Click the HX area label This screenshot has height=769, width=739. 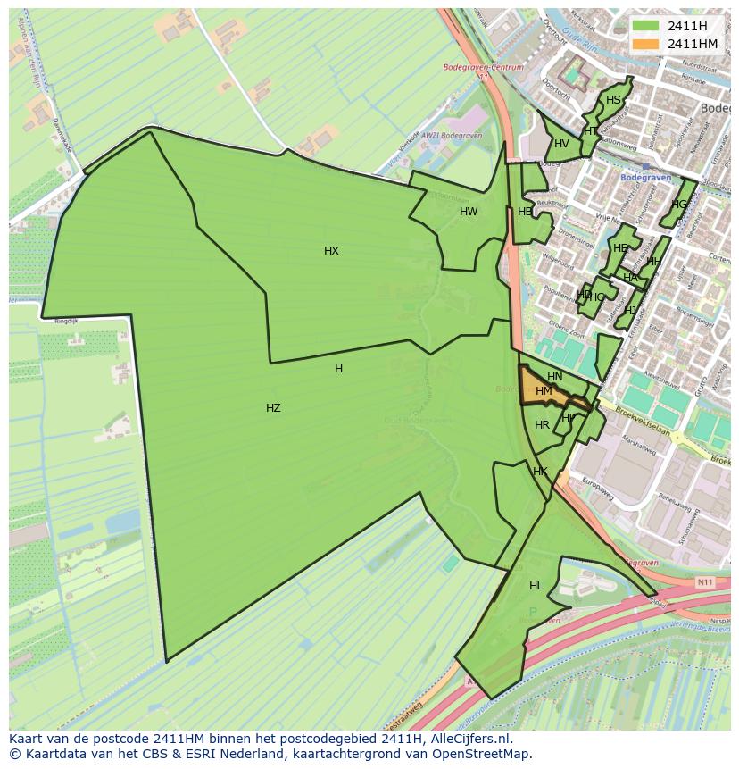coord(331,251)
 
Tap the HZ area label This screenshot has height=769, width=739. coord(273,408)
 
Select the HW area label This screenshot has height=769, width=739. coord(469,212)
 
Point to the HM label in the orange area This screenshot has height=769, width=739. coord(544,391)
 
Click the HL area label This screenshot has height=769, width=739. coord(536,586)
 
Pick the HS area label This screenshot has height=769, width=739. coord(613,100)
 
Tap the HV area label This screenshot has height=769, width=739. coord(561,144)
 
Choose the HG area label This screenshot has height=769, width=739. coord(680,205)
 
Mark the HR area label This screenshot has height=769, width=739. coord(542,425)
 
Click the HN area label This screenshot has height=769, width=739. coord(555,377)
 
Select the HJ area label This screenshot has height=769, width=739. coord(631,311)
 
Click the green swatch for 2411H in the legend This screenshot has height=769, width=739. coord(645,26)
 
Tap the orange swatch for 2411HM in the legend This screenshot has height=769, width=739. coord(645,44)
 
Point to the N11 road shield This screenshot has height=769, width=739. coord(705,582)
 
